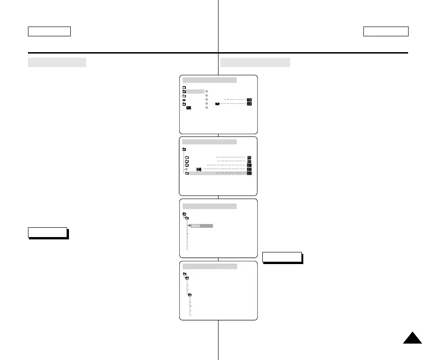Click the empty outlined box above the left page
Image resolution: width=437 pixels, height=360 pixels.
[x=49, y=31]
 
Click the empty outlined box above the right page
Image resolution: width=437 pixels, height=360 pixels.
[x=386, y=31]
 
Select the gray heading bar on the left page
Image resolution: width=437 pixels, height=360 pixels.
[x=57, y=62]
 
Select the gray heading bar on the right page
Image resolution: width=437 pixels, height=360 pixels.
[x=255, y=62]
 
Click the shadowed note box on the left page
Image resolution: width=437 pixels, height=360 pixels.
[x=48, y=232]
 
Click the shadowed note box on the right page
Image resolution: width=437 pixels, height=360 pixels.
[x=282, y=257]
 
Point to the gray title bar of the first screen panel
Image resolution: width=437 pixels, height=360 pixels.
[x=210, y=80]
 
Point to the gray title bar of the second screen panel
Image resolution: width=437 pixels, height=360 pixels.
[x=210, y=142]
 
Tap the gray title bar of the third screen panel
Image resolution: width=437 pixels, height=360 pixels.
[x=210, y=206]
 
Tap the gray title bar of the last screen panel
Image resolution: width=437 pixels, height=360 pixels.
[x=210, y=266]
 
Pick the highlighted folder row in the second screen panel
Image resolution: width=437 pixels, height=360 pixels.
[x=217, y=173]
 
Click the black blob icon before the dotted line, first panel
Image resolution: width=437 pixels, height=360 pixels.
[x=217, y=104]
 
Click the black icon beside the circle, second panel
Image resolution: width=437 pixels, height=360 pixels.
[x=199, y=169]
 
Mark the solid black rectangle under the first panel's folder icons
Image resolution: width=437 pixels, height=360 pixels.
[x=188, y=108]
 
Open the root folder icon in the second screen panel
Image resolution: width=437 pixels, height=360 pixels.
[x=184, y=149]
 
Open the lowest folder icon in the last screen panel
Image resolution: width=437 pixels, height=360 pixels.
[x=190, y=295]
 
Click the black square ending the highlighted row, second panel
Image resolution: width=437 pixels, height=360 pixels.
[x=249, y=173]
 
